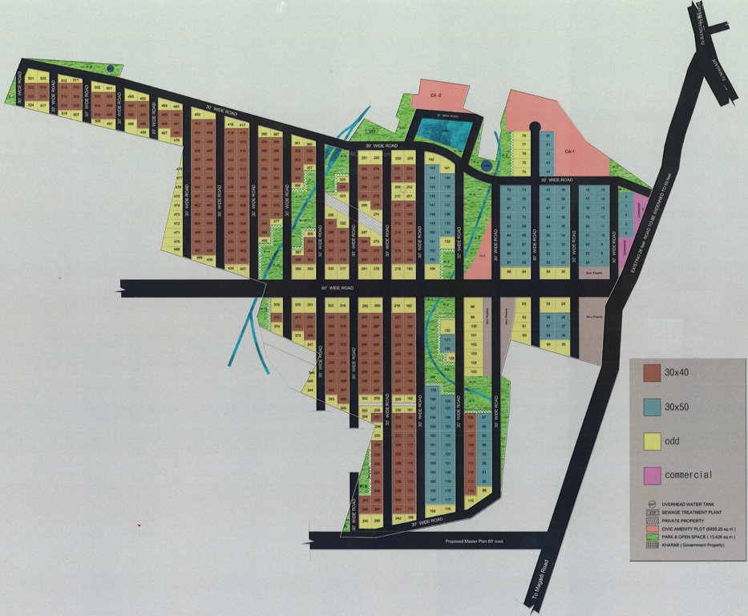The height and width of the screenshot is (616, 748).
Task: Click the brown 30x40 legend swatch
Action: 651,373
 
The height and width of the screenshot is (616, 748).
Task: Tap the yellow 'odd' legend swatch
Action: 651,440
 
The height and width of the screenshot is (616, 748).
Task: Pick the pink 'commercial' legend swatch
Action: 651,475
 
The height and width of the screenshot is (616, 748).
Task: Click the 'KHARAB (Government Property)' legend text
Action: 698,545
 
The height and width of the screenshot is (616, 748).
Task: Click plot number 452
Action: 196,115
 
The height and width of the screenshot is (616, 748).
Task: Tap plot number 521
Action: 31,79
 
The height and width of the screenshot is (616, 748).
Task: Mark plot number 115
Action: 471,500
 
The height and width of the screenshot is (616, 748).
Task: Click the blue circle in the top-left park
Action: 111,68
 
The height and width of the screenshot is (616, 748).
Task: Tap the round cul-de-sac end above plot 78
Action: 533,125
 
